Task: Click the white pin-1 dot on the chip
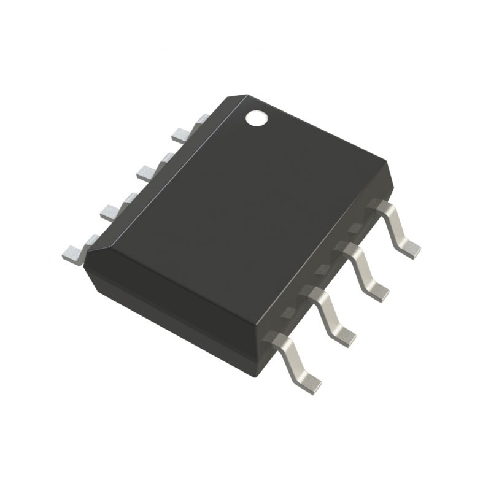coord(257,117)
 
